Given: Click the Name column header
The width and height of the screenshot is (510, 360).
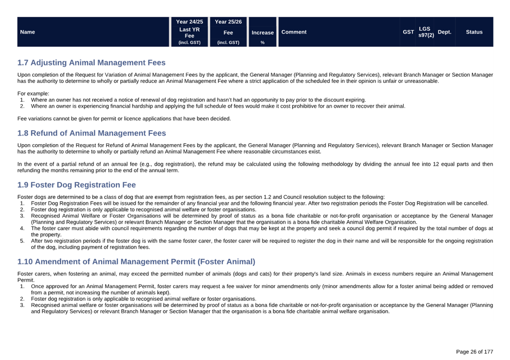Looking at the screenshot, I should point(27,32).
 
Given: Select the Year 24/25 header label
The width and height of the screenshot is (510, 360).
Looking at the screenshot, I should point(189,22).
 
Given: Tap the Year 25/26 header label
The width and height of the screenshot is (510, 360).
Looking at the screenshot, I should point(228,22).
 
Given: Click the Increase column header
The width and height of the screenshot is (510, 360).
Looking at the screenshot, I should point(263,33).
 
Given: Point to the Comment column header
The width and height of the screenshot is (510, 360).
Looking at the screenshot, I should point(294,32).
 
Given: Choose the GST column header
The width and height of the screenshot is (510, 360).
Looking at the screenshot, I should point(408,32).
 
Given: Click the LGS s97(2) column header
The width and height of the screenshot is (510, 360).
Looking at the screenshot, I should point(426,32).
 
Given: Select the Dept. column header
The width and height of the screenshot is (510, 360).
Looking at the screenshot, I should point(444,32).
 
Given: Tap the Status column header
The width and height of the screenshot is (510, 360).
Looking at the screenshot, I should point(474,32).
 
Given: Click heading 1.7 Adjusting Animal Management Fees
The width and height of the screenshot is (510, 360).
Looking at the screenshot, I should point(91,63).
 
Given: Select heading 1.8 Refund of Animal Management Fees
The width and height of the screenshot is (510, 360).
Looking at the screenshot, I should point(91,133).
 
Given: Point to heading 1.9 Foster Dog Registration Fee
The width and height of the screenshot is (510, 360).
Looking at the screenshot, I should point(76,185).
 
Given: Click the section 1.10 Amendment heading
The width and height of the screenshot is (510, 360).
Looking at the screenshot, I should point(136,262).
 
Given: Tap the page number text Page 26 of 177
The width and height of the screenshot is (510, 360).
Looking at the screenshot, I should point(474,352).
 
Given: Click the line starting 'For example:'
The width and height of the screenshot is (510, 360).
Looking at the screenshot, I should point(34,94).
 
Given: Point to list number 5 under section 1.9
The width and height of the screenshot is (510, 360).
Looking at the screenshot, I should point(22,241).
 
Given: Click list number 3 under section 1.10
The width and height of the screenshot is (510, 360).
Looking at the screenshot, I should point(22,305).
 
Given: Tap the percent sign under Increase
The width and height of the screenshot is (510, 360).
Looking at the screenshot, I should point(262,43).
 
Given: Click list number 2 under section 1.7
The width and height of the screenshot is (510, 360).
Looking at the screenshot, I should point(22,106).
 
